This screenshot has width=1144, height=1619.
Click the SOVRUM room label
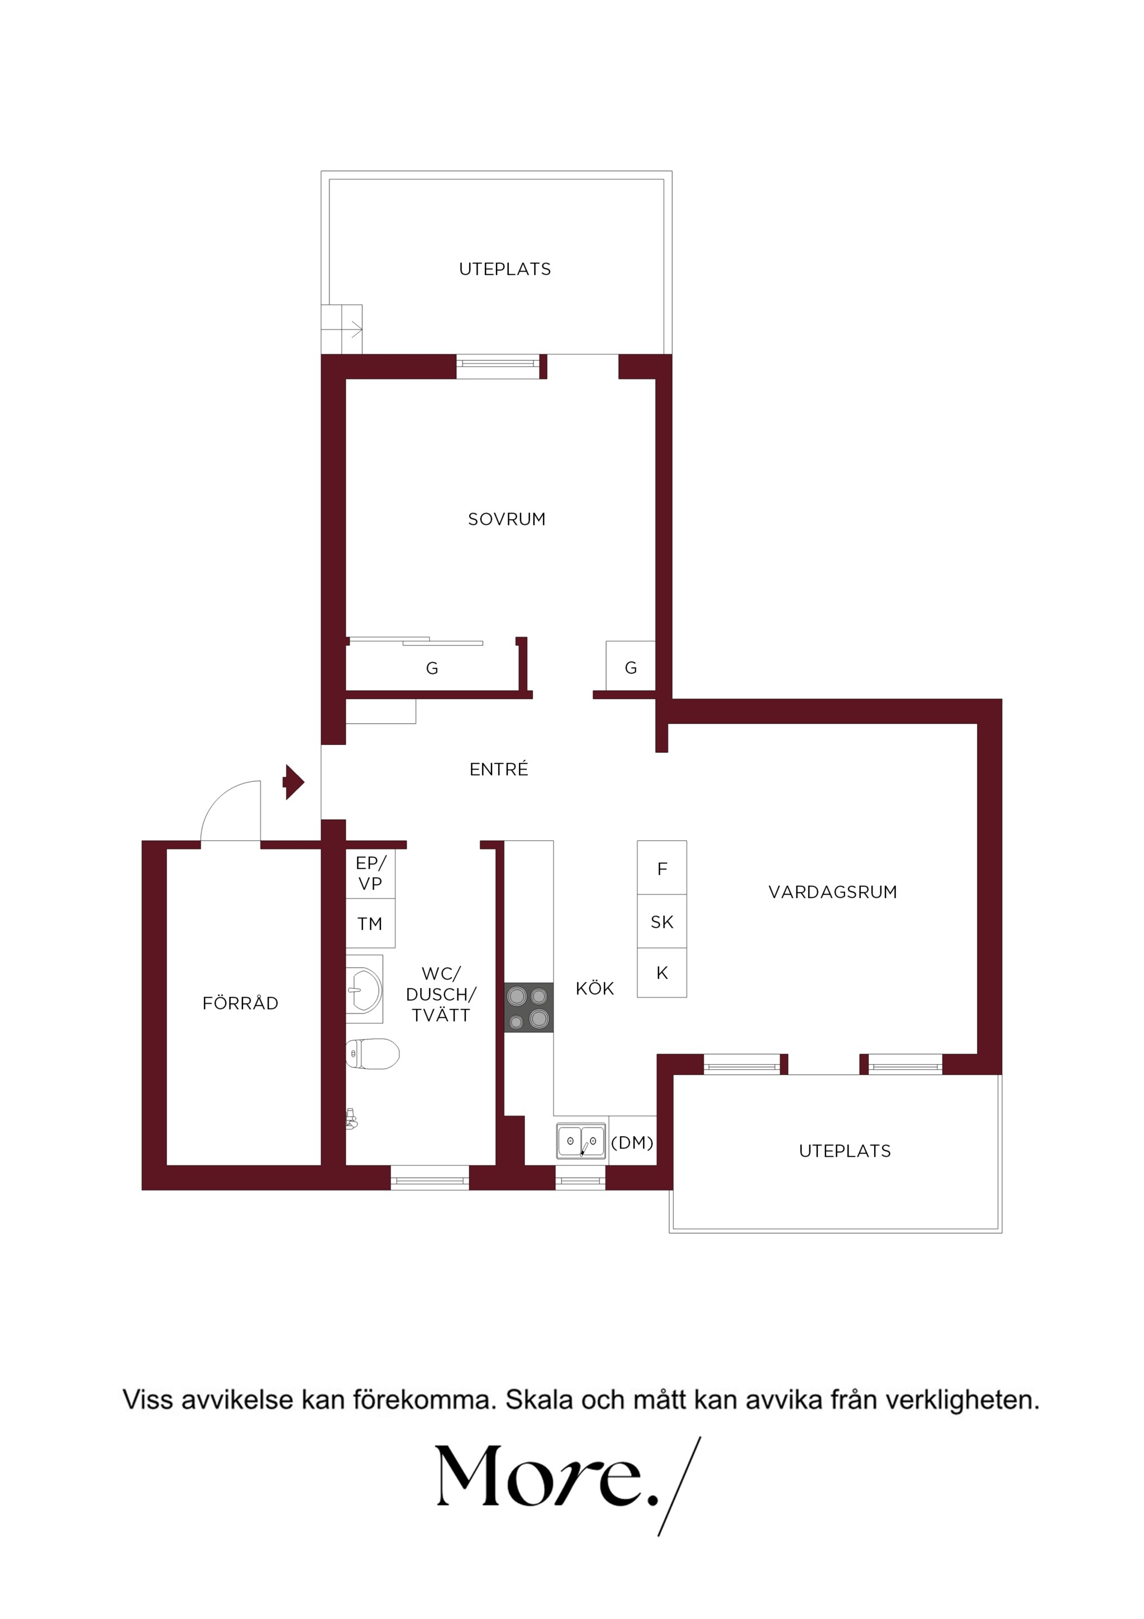(x=507, y=519)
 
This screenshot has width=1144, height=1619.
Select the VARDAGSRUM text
(x=832, y=892)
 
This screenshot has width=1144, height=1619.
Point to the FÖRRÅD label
(x=240, y=1002)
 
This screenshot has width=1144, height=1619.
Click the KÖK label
(x=595, y=988)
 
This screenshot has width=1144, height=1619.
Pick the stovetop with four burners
(x=528, y=1008)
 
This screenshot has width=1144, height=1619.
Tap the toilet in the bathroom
(x=373, y=1054)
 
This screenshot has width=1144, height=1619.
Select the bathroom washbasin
(x=364, y=989)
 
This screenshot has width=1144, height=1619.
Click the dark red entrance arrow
(x=293, y=782)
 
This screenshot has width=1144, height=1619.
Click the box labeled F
(x=662, y=867)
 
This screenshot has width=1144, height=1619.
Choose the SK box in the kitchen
(x=662, y=922)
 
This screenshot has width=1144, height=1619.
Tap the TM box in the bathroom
(x=370, y=923)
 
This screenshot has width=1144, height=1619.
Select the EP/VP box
(x=370, y=873)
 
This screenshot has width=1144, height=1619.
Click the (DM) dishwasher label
(x=632, y=1142)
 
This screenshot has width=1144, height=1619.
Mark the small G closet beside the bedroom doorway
(x=631, y=666)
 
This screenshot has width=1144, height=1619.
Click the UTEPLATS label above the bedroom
(x=504, y=269)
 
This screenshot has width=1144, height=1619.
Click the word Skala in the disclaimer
(x=538, y=1400)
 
